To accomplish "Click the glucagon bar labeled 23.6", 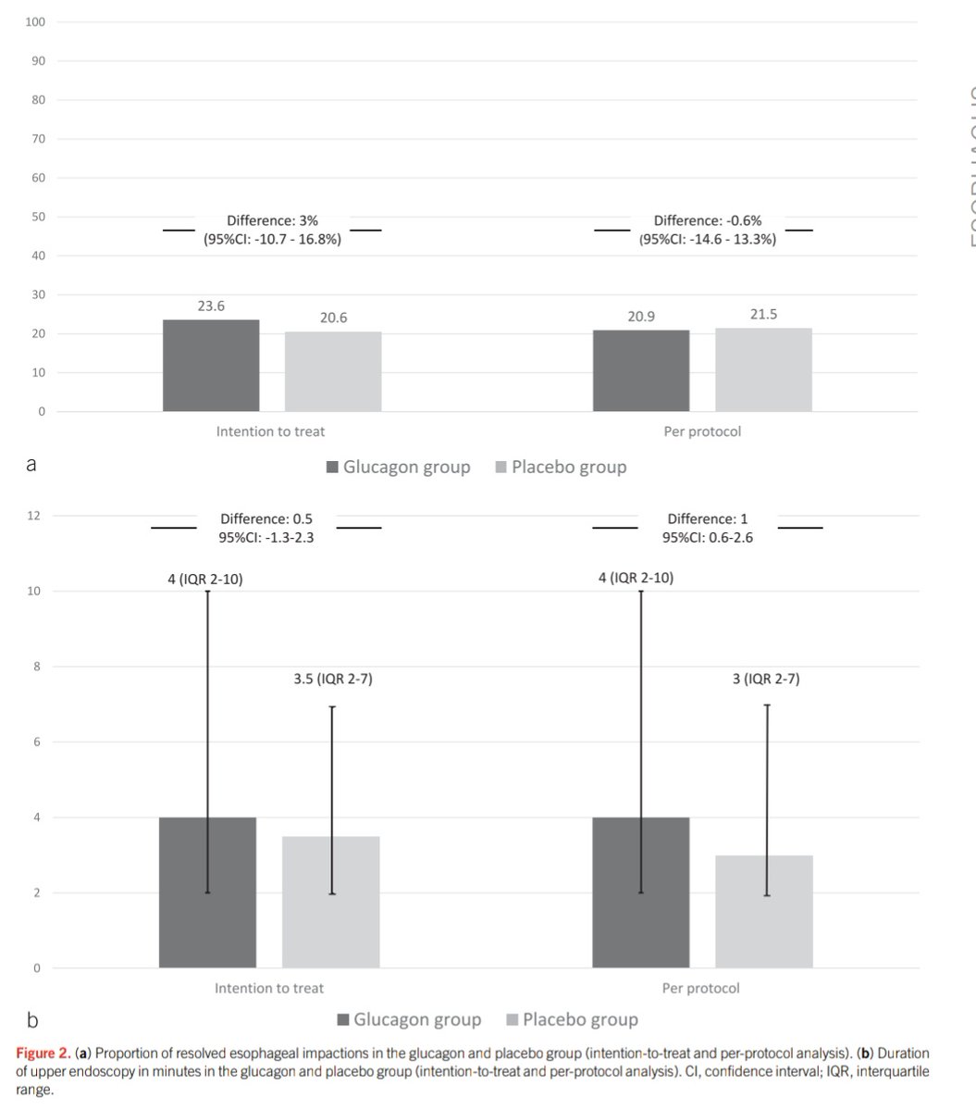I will pyautogui.click(x=211, y=366).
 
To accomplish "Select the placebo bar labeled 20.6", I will pyautogui.click(x=333, y=371).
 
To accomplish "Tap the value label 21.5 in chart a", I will pyautogui.click(x=763, y=315).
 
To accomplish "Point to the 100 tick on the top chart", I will pyautogui.click(x=36, y=21).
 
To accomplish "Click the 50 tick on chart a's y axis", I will pyautogui.click(x=39, y=217).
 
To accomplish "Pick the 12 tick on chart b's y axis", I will pyautogui.click(x=33, y=516).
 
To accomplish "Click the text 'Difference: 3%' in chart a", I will pyautogui.click(x=272, y=221).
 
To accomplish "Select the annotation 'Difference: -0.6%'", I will pyautogui.click(x=707, y=221).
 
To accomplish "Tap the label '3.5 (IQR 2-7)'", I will pyautogui.click(x=332, y=680).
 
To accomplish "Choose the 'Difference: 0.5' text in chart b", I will pyautogui.click(x=266, y=519).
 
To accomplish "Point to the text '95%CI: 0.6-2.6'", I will pyautogui.click(x=707, y=537).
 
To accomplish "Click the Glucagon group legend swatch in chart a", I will pyautogui.click(x=332, y=468).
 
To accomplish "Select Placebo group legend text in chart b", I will pyautogui.click(x=580, y=1019).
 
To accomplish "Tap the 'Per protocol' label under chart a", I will pyautogui.click(x=702, y=431).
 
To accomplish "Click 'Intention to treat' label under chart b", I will pyautogui.click(x=269, y=988).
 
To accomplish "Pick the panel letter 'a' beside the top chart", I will pyautogui.click(x=31, y=465).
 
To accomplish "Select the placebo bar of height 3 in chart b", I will pyautogui.click(x=763, y=912).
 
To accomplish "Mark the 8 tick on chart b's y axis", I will pyautogui.click(x=37, y=667).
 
